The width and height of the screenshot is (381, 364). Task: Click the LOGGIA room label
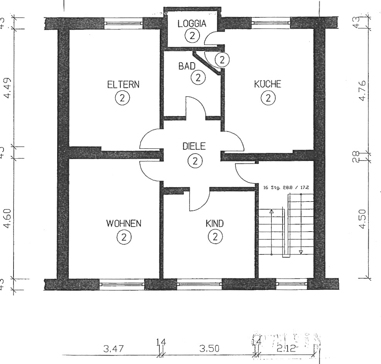[192, 23]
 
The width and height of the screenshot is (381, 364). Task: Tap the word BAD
[186, 66]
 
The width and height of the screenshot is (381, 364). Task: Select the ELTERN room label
[123, 85]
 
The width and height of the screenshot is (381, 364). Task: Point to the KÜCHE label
[268, 85]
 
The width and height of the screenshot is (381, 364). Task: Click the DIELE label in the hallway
[195, 147]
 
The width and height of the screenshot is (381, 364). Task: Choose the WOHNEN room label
[124, 223]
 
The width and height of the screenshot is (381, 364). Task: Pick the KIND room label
[215, 223]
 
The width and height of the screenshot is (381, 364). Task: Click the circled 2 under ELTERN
[122, 98]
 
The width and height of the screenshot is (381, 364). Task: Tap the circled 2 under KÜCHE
[268, 98]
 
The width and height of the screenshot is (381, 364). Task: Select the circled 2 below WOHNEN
[124, 237]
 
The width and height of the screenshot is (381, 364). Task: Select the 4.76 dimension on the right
[362, 91]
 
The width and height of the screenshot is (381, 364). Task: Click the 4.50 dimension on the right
[362, 219]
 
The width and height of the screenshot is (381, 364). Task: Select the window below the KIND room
[199, 284]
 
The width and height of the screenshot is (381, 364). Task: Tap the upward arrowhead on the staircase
[271, 212]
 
